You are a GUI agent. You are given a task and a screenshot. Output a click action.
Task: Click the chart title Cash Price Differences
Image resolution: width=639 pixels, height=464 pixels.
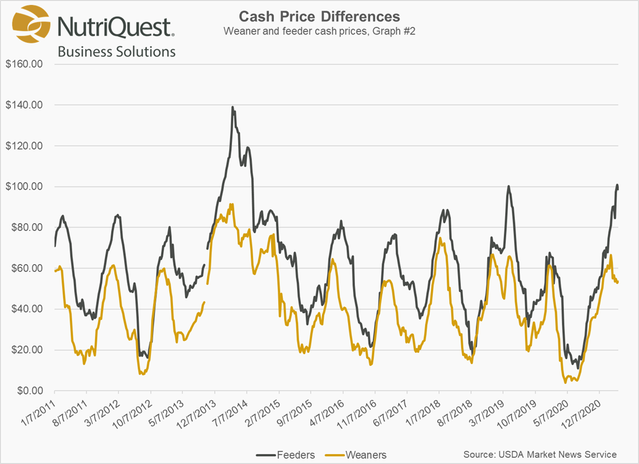[x=319, y=16]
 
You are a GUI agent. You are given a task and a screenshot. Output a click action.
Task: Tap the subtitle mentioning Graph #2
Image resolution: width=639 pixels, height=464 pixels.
[x=319, y=31]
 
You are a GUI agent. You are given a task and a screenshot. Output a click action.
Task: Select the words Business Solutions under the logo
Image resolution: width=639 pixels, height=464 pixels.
[x=117, y=51]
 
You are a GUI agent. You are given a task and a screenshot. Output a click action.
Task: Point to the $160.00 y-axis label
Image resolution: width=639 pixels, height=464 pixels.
[x=24, y=64]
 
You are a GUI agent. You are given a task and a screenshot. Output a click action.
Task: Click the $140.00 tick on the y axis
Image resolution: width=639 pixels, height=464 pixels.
[x=24, y=105]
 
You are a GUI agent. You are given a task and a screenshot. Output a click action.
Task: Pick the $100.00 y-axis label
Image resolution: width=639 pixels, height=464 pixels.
[x=24, y=187]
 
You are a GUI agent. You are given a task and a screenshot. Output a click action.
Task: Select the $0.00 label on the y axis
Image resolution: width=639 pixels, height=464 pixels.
[x=27, y=391]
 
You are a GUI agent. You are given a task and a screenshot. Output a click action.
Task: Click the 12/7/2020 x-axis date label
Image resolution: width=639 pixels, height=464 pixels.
[x=583, y=411]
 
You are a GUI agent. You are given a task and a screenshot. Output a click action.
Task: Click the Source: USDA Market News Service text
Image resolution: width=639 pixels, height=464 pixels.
[x=540, y=454]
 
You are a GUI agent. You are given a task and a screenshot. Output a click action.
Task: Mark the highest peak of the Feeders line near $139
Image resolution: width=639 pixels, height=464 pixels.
[x=233, y=107]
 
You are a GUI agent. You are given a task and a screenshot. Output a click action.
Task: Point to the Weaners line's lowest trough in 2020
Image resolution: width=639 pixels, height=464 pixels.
[x=565, y=382]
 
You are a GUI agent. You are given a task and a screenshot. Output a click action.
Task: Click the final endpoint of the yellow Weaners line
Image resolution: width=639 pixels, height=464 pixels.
[x=618, y=282]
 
